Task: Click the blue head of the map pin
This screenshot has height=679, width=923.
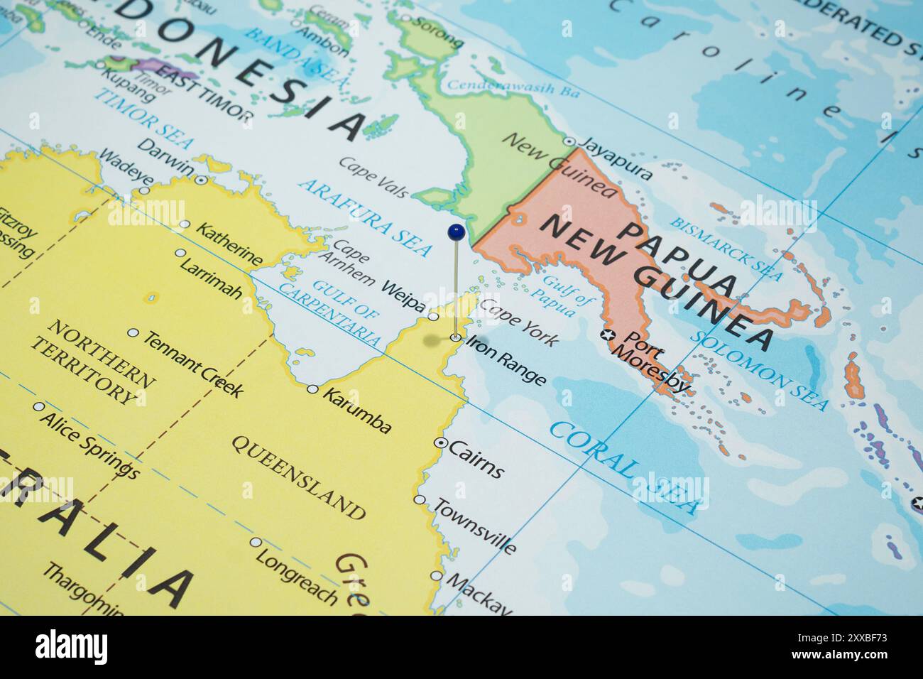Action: coord(456,231)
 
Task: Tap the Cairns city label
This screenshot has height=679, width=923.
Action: coord(476,460)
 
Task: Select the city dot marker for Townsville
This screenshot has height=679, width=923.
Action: coord(420,500)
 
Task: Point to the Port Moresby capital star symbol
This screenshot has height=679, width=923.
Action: coord(606,334)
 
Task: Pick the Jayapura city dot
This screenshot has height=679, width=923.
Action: coord(569,142)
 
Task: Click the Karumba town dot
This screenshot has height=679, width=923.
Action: coord(312,389)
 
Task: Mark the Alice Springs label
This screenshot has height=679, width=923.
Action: coord(88,444)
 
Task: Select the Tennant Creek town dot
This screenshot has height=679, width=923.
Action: coord(133,332)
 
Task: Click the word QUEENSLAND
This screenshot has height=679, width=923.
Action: coord(298,475)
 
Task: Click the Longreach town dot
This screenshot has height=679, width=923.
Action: coord(255,542)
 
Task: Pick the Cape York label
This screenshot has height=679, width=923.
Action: coord(519,322)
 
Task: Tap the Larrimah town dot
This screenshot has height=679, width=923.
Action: coord(180,253)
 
